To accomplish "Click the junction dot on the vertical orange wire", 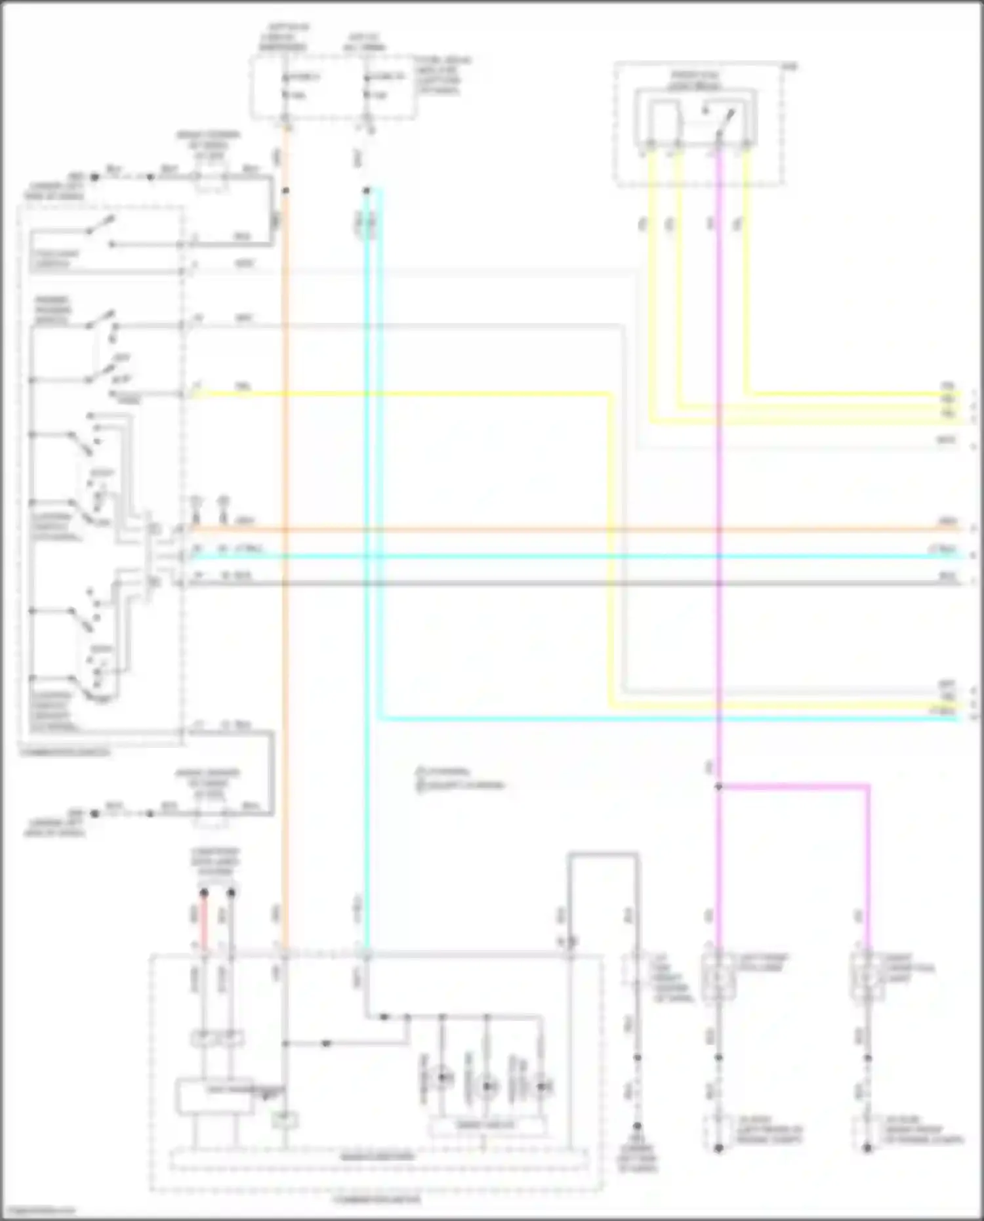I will (285, 191).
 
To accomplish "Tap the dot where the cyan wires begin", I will (367, 191).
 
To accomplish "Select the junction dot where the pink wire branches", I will (718, 786).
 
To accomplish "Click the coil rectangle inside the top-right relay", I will (665, 122).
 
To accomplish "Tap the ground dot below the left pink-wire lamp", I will (718, 1148).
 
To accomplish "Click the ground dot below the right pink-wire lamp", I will (867, 1148).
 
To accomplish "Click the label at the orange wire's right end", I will (947, 522).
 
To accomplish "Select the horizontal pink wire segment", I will (794, 785).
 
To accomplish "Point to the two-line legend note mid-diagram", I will (460, 779).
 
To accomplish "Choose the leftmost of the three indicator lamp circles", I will (443, 1076).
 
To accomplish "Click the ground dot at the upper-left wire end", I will (94, 177).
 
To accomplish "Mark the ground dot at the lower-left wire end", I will (94, 814).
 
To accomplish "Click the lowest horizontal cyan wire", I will (656, 720).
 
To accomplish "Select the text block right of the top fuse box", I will (442, 75).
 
